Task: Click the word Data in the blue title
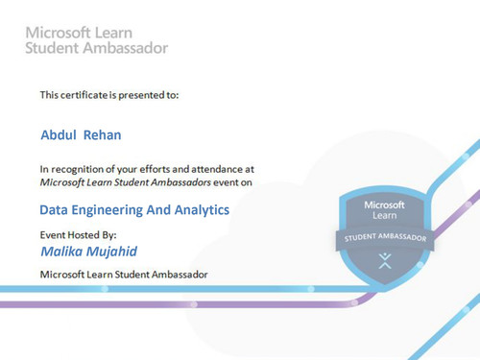pos(53,208)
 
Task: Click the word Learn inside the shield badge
pos(383,217)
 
